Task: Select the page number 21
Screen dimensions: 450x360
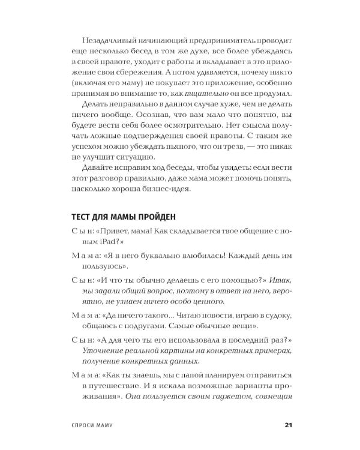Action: point(287,427)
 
